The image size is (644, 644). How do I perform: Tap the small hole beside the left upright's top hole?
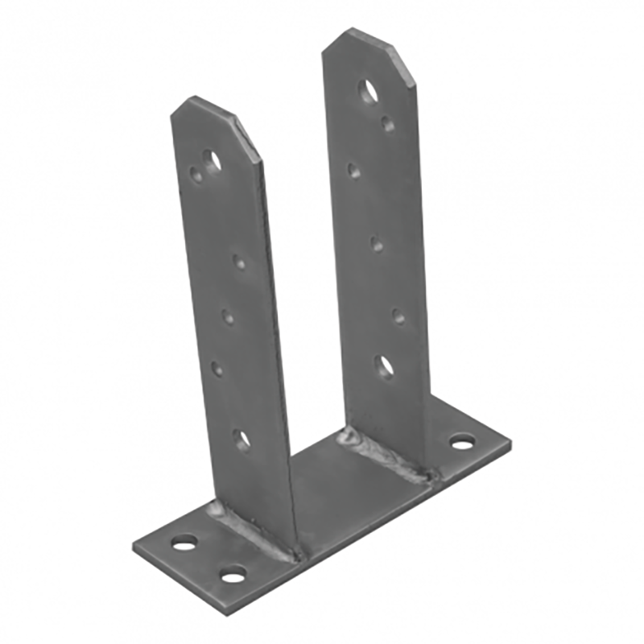tap(195, 171)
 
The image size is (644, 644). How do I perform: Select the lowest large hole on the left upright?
tap(242, 439)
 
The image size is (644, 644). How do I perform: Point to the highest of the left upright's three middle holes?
tap(239, 261)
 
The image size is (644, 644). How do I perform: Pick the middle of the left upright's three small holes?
tap(229, 317)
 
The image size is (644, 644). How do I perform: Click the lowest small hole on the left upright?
tap(217, 368)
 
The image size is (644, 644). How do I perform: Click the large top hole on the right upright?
tap(369, 91)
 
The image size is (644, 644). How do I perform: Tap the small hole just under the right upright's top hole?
tap(388, 124)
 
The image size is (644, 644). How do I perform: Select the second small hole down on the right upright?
tap(353, 170)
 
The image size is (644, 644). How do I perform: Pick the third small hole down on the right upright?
tap(377, 243)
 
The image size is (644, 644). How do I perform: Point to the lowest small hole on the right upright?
tap(398, 316)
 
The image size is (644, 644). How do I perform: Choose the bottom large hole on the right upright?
tap(386, 366)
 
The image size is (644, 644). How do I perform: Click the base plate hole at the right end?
tap(462, 442)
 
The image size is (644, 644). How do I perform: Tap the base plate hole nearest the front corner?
tap(233, 575)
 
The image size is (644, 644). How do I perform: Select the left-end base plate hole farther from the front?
tap(184, 544)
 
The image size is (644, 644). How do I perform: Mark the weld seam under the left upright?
tap(256, 530)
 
